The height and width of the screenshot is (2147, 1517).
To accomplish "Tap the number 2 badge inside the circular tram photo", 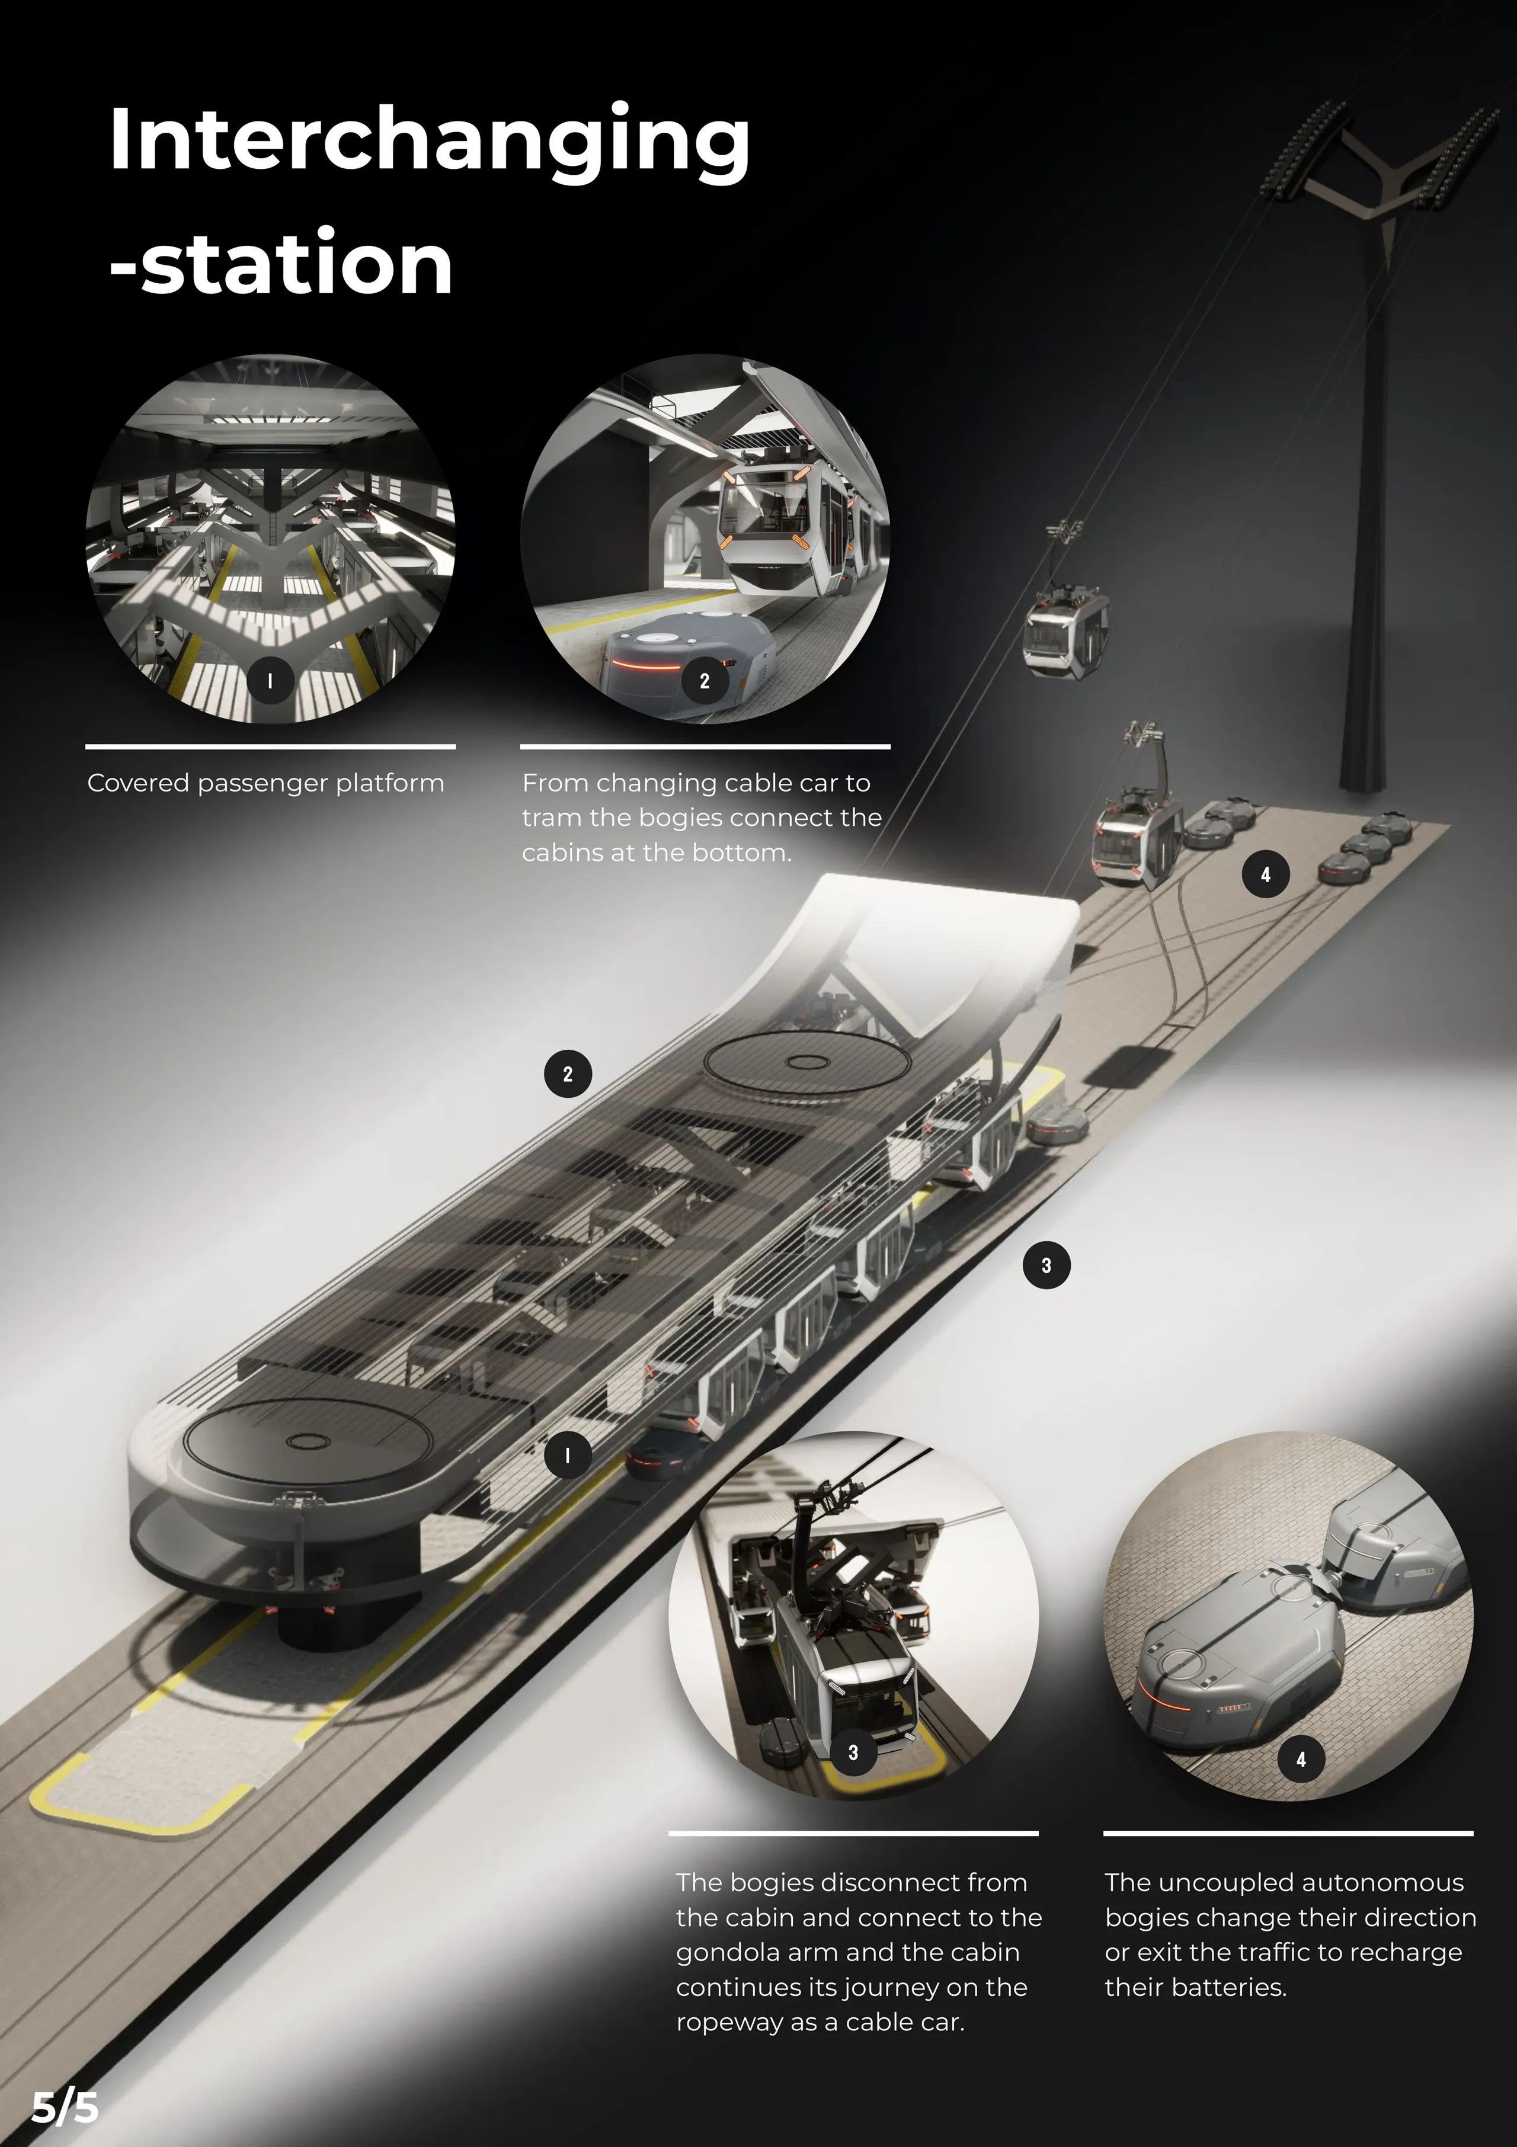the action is coord(704,681).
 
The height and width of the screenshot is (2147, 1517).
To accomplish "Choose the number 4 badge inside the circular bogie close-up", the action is coord(1301,1759).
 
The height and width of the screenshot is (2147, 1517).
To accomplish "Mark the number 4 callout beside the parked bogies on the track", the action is coord(1265,874).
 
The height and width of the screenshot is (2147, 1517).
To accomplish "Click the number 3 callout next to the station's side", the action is coord(1046,1265).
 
